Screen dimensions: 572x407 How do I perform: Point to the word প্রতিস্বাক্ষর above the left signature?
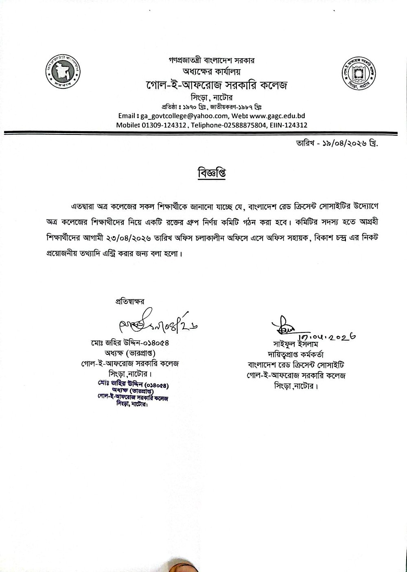130,302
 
